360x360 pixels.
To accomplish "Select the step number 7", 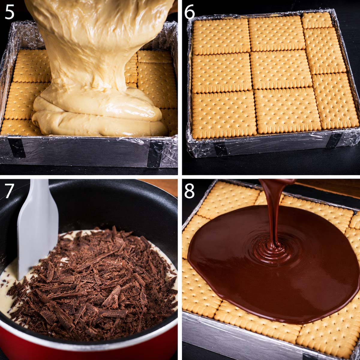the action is (x=9, y=190).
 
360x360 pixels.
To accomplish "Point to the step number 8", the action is (x=189, y=191).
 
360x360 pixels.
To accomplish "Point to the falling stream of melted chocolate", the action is (x=274, y=211).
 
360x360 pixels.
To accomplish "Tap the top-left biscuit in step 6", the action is (x=221, y=36).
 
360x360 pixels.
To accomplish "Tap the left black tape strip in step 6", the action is (x=220, y=148).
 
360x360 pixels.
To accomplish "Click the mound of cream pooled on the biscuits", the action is (x=99, y=114).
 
